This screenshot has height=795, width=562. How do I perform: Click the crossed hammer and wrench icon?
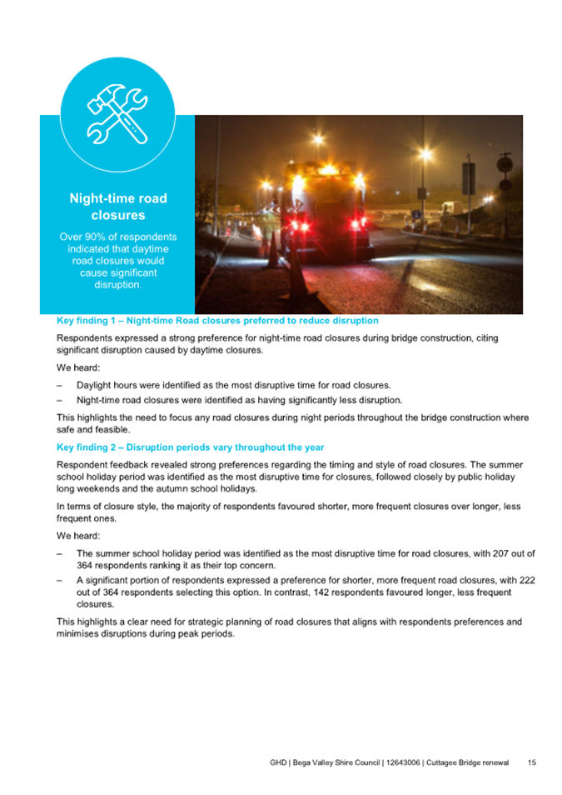(x=117, y=114)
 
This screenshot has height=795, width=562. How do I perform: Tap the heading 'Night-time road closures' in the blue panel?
(x=117, y=207)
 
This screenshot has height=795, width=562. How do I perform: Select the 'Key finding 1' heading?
(x=217, y=320)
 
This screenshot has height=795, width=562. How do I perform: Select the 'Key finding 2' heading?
(x=190, y=447)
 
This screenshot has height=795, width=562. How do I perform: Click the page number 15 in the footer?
(x=531, y=762)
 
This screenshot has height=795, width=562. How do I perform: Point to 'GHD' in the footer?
(x=279, y=762)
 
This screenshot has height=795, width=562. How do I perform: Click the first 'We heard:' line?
(x=78, y=369)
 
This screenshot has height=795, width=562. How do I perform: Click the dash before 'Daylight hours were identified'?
(x=59, y=385)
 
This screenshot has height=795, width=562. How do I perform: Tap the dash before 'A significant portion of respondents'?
(x=59, y=579)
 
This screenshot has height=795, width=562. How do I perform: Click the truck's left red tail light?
(x=289, y=223)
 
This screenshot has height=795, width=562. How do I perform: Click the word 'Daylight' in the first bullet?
(x=95, y=385)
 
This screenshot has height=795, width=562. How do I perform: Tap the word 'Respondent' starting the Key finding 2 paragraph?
(x=82, y=463)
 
